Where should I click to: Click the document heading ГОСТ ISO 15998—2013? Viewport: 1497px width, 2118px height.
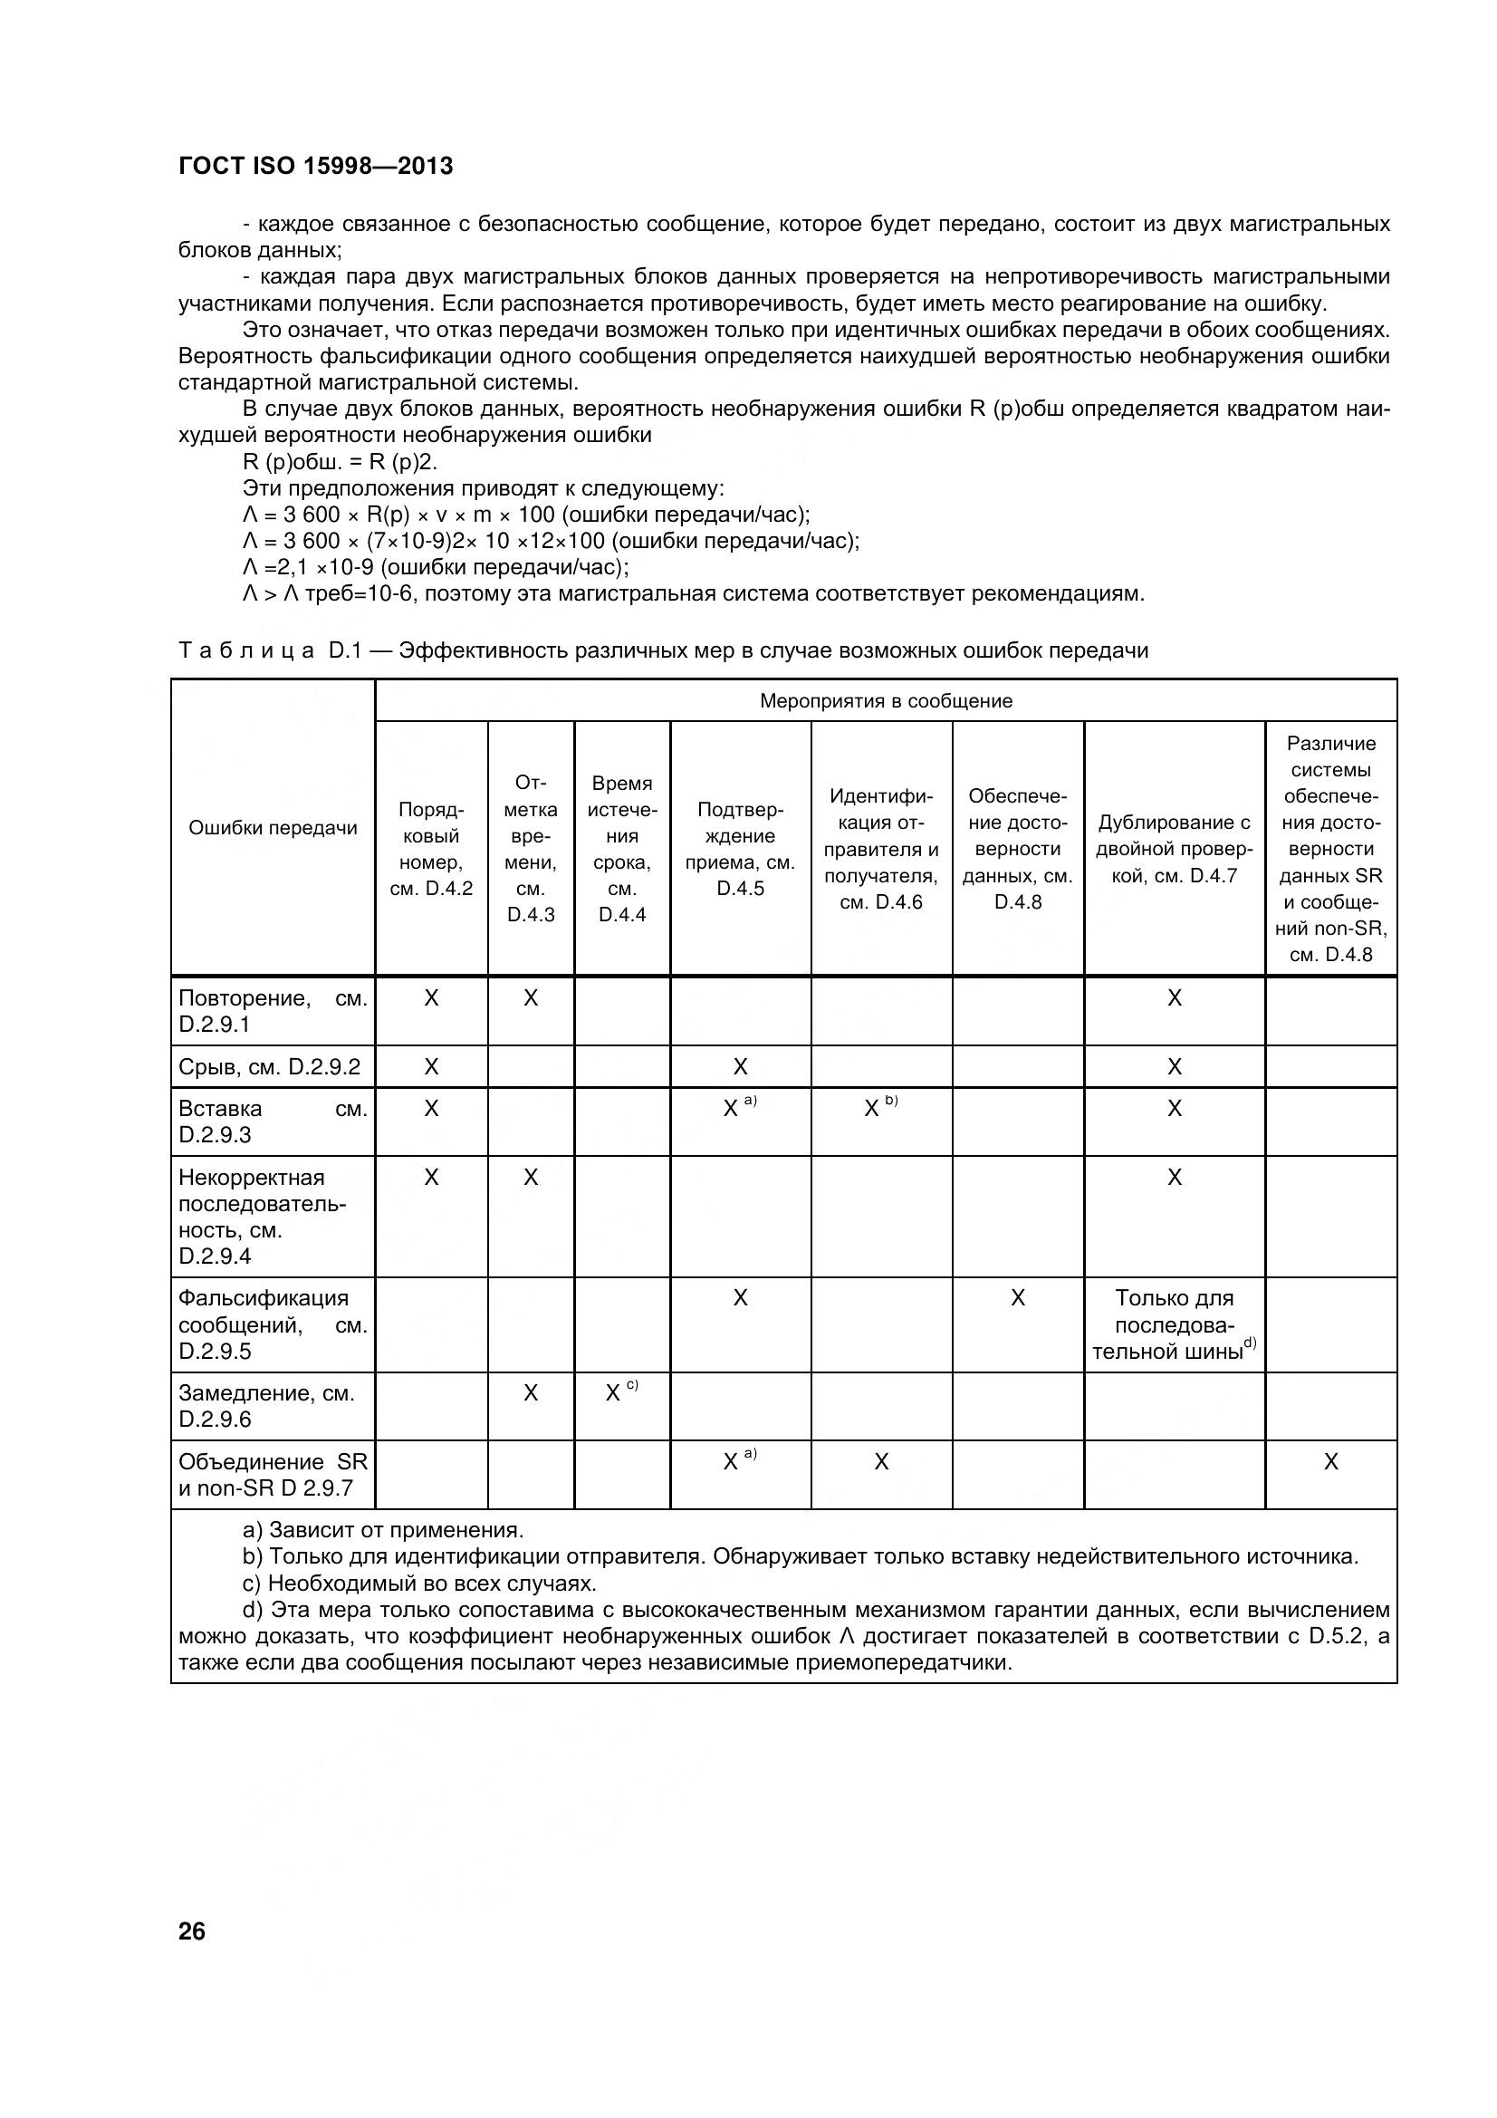point(315,166)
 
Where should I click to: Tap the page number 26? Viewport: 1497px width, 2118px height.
point(192,1930)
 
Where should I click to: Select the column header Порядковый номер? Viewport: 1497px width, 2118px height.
point(431,849)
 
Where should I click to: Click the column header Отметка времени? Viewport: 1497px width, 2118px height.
point(531,849)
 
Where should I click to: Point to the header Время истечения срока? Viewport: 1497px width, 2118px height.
point(621,849)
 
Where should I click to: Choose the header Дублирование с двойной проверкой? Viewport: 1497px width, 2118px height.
point(1174,849)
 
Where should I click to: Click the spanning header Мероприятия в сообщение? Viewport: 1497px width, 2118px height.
point(886,701)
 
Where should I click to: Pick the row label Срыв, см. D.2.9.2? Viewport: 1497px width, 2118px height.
point(269,1067)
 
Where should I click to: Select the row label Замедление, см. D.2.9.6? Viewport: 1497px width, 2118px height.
point(266,1406)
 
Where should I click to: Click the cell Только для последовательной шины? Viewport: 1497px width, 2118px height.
point(1174,1324)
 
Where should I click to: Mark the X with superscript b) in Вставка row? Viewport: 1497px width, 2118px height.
point(872,1110)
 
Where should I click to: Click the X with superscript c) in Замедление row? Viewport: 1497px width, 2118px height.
point(613,1394)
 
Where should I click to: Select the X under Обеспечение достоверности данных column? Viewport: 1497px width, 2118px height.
point(1017,1299)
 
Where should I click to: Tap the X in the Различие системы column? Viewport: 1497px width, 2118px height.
point(1330,1462)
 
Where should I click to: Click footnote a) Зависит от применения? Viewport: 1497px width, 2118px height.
point(383,1530)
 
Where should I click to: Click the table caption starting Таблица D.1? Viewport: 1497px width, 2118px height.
point(662,650)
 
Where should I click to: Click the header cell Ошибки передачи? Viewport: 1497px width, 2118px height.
point(273,827)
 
